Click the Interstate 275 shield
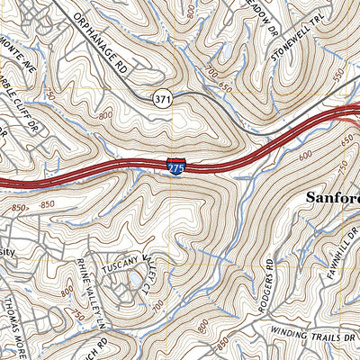175,166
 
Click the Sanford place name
333,198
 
